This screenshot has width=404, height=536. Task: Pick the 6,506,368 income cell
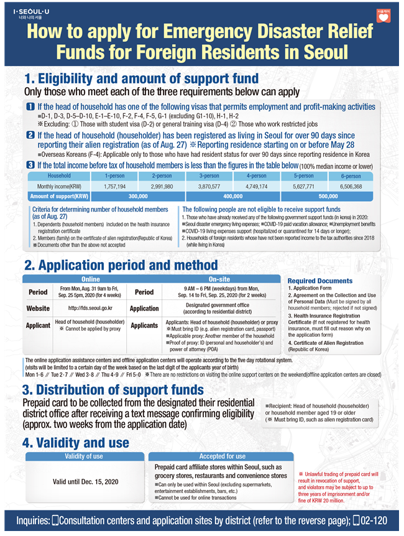coord(351,186)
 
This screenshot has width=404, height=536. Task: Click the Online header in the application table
coord(91,280)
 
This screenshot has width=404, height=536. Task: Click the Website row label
coord(38,308)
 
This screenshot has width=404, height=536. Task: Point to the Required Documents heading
coord(319,281)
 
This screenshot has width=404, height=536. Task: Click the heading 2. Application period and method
coord(121,265)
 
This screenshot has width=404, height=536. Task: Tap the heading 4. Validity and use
coord(76,443)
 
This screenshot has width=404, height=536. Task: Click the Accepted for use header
coord(222,456)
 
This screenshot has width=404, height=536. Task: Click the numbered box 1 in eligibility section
coord(30,107)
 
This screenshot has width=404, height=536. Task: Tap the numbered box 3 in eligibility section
coord(30,165)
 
